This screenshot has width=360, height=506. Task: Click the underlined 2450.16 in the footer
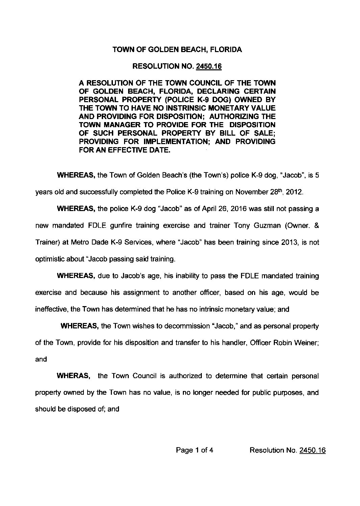312,450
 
